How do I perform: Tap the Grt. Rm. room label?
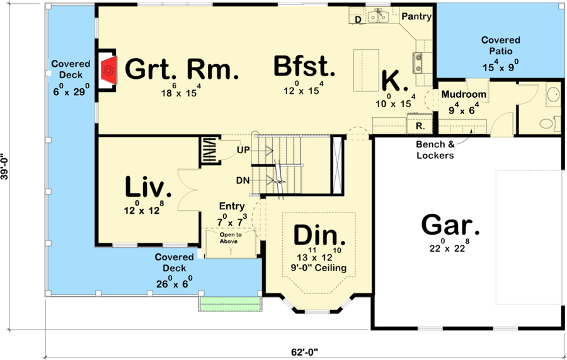(182, 69)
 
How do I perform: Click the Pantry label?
(416, 16)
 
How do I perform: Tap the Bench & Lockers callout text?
(435, 149)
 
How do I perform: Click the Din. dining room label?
(320, 236)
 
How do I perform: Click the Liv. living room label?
(148, 187)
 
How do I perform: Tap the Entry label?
(232, 206)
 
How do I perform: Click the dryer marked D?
(358, 20)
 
